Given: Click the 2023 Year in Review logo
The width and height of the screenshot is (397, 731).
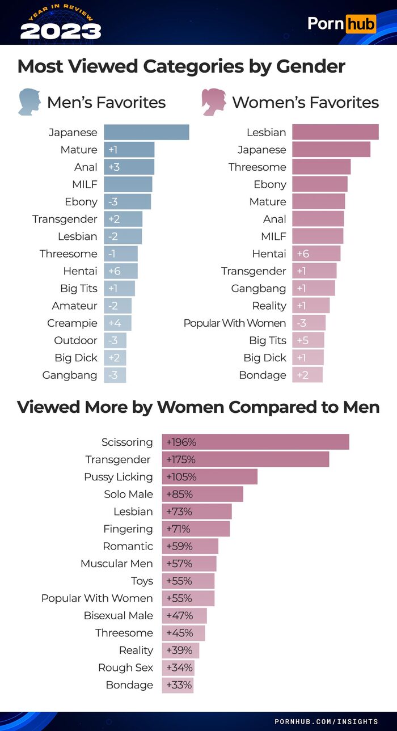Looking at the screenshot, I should click(60, 23).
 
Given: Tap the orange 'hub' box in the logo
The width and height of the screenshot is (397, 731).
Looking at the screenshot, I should click(361, 24).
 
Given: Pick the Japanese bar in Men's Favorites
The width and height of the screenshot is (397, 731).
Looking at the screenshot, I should click(146, 132).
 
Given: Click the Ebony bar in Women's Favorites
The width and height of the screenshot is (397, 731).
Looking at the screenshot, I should click(320, 184).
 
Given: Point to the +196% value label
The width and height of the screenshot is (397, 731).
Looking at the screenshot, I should click(181, 442).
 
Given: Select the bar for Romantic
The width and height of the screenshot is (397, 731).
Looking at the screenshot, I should click(190, 546).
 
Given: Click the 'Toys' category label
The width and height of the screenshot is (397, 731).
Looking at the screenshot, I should click(142, 581).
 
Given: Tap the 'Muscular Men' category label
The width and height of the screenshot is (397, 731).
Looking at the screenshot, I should click(117, 564).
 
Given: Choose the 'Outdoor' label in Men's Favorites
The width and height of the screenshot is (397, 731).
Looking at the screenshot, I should click(75, 340).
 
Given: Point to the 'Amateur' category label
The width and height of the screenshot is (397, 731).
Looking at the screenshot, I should click(74, 306).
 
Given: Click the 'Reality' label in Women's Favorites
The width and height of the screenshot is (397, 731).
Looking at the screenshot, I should click(269, 306).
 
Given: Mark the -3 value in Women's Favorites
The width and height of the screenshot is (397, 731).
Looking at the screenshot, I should click(301, 323).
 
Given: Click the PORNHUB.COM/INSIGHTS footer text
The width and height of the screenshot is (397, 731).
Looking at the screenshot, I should click(326, 721).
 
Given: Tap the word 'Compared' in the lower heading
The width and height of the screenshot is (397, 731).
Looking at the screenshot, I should click(289, 407).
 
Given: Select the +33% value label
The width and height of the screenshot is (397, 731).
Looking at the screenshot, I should click(179, 684).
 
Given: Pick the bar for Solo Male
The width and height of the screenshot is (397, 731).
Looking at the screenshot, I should click(202, 494).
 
